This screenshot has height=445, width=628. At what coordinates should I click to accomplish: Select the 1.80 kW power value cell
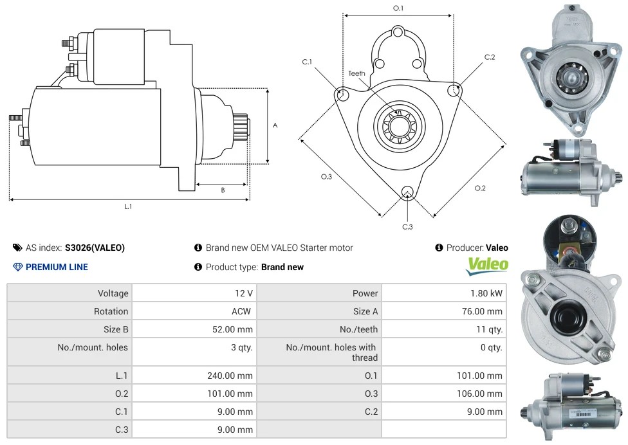tap(486, 293)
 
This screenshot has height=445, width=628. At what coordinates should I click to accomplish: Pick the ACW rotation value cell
tap(243, 311)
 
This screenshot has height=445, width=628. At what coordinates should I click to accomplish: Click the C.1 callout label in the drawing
tap(307, 62)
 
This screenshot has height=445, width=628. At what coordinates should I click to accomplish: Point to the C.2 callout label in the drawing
tap(490, 57)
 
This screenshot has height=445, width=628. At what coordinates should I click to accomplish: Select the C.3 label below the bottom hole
tap(407, 226)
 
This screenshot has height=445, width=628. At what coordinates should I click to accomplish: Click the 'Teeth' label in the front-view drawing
tap(356, 73)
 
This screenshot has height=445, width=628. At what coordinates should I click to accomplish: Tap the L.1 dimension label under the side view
tap(128, 206)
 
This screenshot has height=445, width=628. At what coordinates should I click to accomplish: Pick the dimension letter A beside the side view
tap(275, 125)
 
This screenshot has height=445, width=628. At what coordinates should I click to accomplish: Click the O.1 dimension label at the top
tap(398, 8)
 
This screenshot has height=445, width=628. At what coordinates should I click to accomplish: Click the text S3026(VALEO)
tap(95, 248)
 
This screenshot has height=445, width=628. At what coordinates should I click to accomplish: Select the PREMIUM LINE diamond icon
tap(18, 267)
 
